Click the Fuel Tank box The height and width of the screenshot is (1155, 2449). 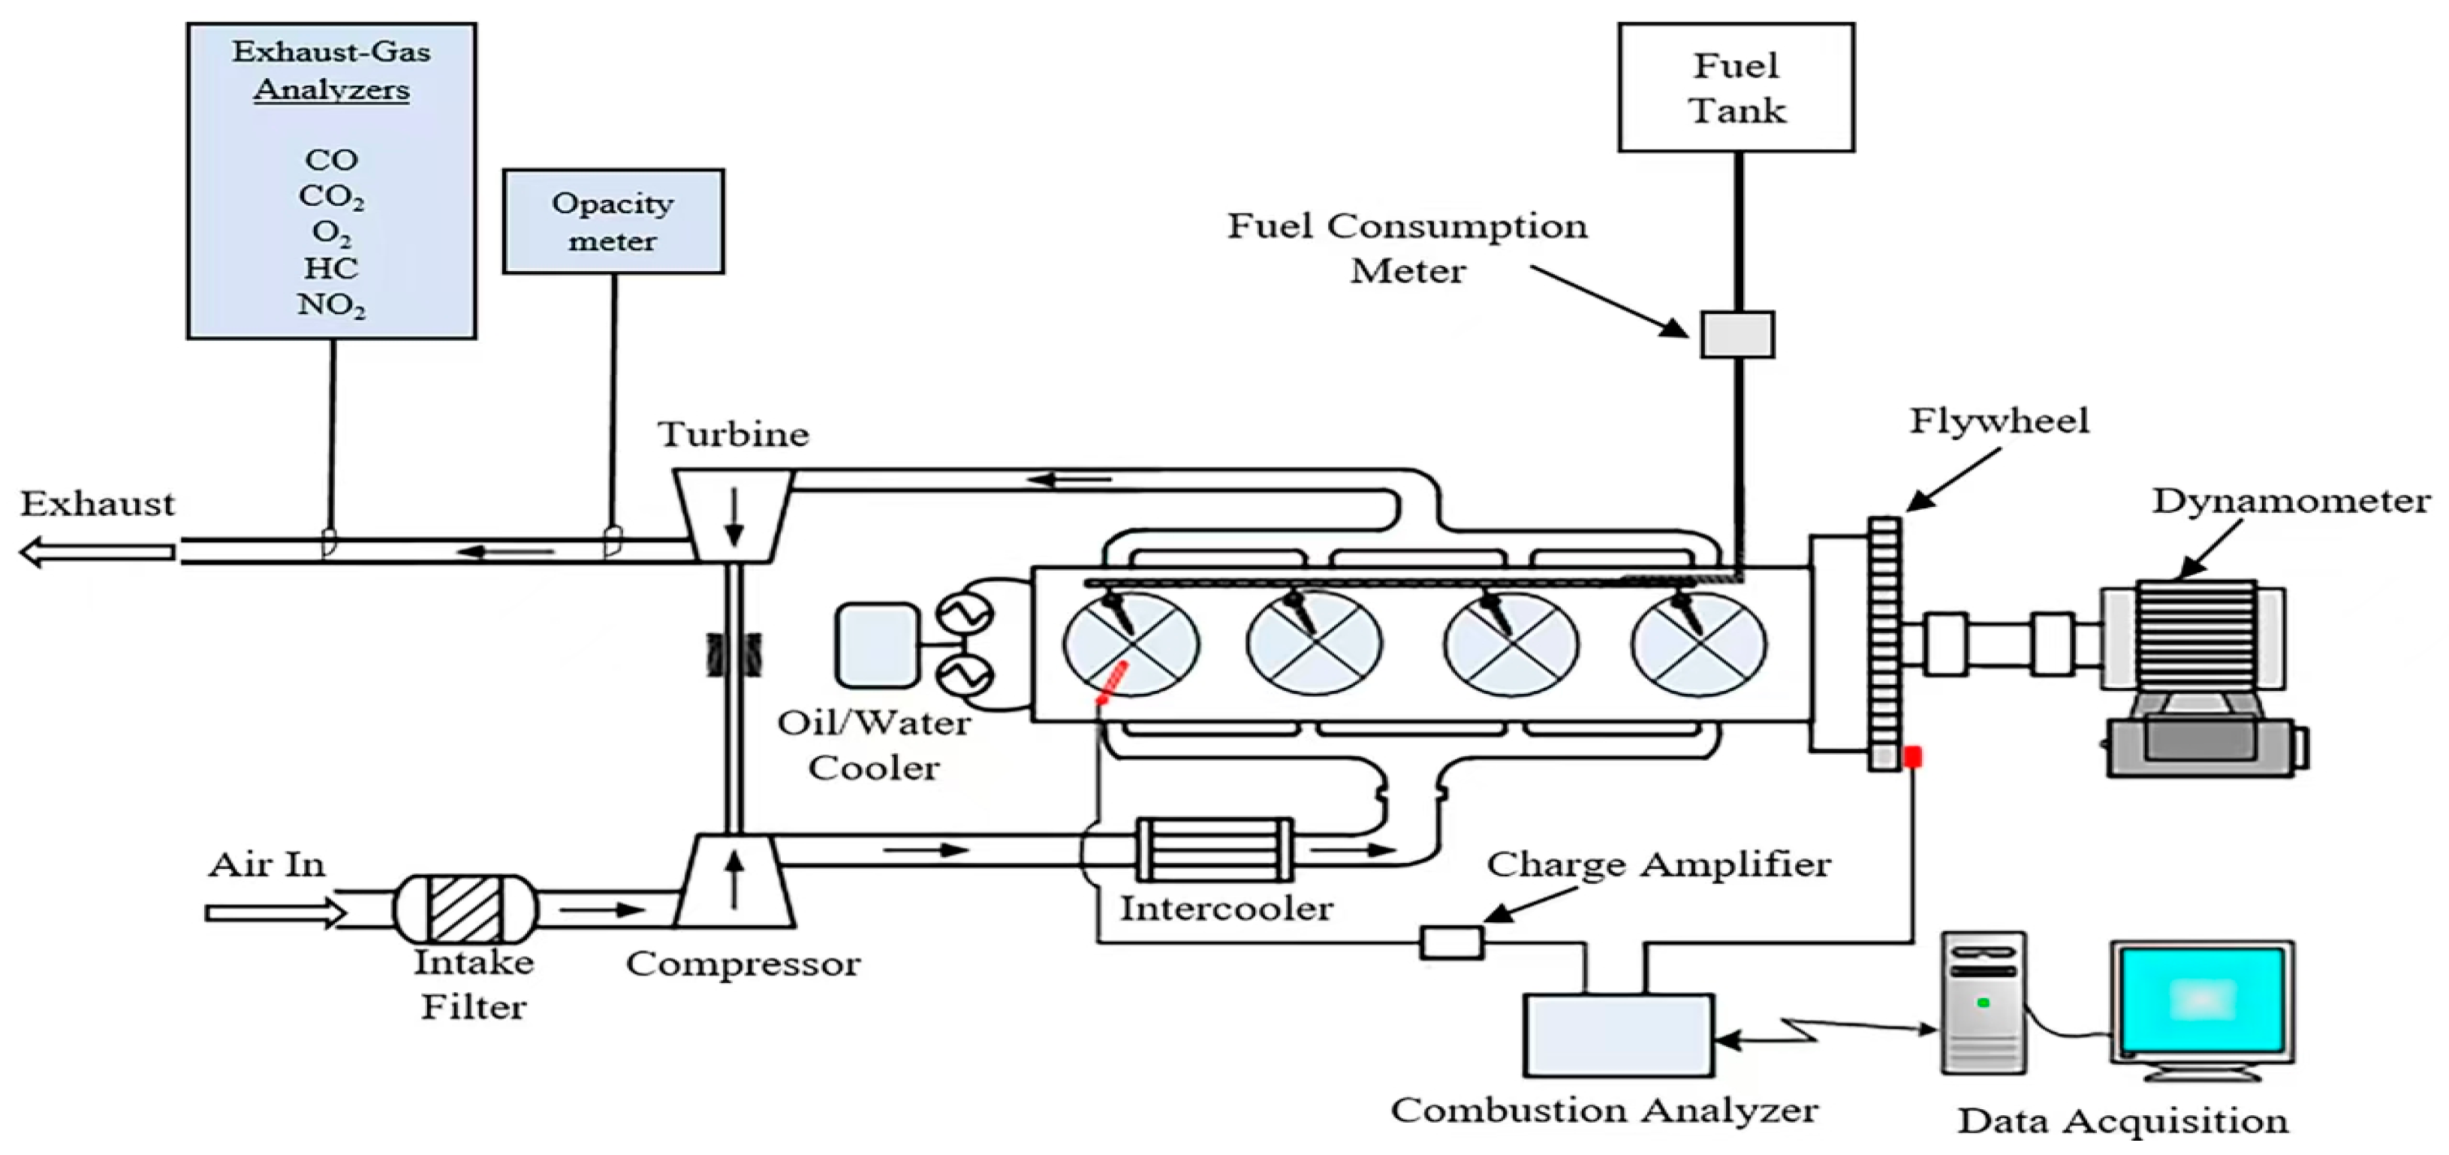click(x=1736, y=87)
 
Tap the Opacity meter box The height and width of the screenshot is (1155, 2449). click(x=613, y=222)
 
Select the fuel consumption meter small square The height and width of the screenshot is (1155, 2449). click(x=1737, y=335)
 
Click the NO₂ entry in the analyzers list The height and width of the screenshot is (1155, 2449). click(x=331, y=305)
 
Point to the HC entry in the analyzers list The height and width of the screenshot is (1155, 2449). click(x=331, y=269)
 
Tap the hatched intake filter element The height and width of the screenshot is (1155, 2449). click(x=465, y=909)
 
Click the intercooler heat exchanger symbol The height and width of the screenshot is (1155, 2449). click(x=1214, y=849)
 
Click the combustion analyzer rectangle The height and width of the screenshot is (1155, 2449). click(x=1618, y=1036)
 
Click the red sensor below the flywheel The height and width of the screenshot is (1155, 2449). click(x=1913, y=757)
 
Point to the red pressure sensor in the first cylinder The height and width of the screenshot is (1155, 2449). click(x=1111, y=683)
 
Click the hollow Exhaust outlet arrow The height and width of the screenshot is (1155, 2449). click(x=97, y=551)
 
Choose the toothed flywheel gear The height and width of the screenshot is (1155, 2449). click(x=1884, y=643)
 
